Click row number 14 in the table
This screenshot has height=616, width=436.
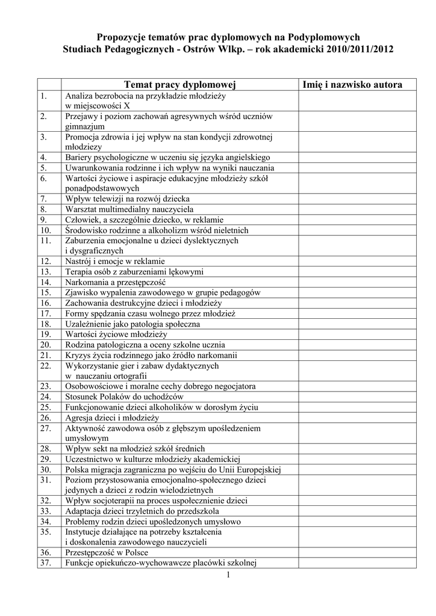point(45,282)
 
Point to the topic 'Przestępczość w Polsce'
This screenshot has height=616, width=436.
point(107,552)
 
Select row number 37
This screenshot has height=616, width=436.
point(45,563)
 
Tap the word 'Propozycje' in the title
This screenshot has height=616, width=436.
point(123,37)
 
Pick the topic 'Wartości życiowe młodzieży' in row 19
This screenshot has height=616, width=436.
point(116,334)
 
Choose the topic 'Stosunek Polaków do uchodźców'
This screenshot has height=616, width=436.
point(125,396)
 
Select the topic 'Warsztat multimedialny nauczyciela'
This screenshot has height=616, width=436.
point(129,209)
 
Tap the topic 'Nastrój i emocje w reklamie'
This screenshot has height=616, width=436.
point(114,261)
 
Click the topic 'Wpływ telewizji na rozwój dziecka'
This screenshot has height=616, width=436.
point(128,198)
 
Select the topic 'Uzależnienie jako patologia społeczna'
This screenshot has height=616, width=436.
point(132,324)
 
